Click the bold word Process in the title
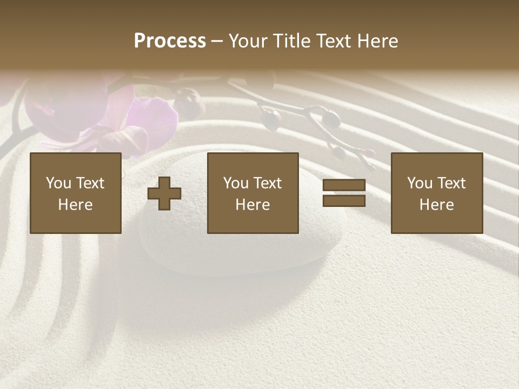click(170, 41)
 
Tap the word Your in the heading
click(248, 41)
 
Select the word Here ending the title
click(378, 41)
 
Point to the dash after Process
click(217, 42)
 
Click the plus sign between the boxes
click(164, 193)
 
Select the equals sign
click(344, 193)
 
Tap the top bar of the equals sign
click(344, 185)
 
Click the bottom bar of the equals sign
click(344, 201)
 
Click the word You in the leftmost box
click(58, 183)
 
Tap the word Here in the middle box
click(253, 205)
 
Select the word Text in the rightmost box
click(453, 183)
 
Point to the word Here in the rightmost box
click(437, 205)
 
